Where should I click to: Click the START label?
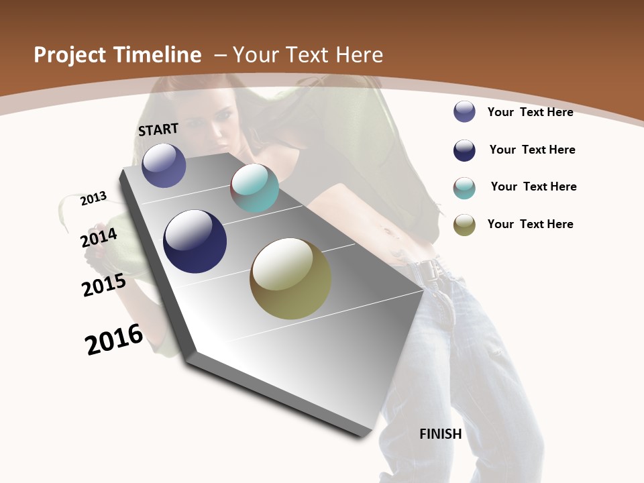(158, 129)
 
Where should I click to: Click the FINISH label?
(441, 434)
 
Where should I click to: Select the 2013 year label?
(93, 199)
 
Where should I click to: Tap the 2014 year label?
(99, 238)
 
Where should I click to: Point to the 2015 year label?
(104, 285)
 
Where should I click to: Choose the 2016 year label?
(114, 339)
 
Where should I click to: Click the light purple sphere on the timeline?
(164, 165)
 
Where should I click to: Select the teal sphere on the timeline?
(254, 188)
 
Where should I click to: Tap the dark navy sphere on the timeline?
(195, 241)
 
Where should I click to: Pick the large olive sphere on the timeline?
(290, 278)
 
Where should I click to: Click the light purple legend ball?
(464, 111)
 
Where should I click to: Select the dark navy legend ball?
(464, 150)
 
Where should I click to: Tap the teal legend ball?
(464, 188)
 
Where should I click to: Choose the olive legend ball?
(464, 225)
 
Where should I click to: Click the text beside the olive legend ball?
(530, 224)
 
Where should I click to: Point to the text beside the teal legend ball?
(533, 186)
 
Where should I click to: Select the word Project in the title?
(71, 55)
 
